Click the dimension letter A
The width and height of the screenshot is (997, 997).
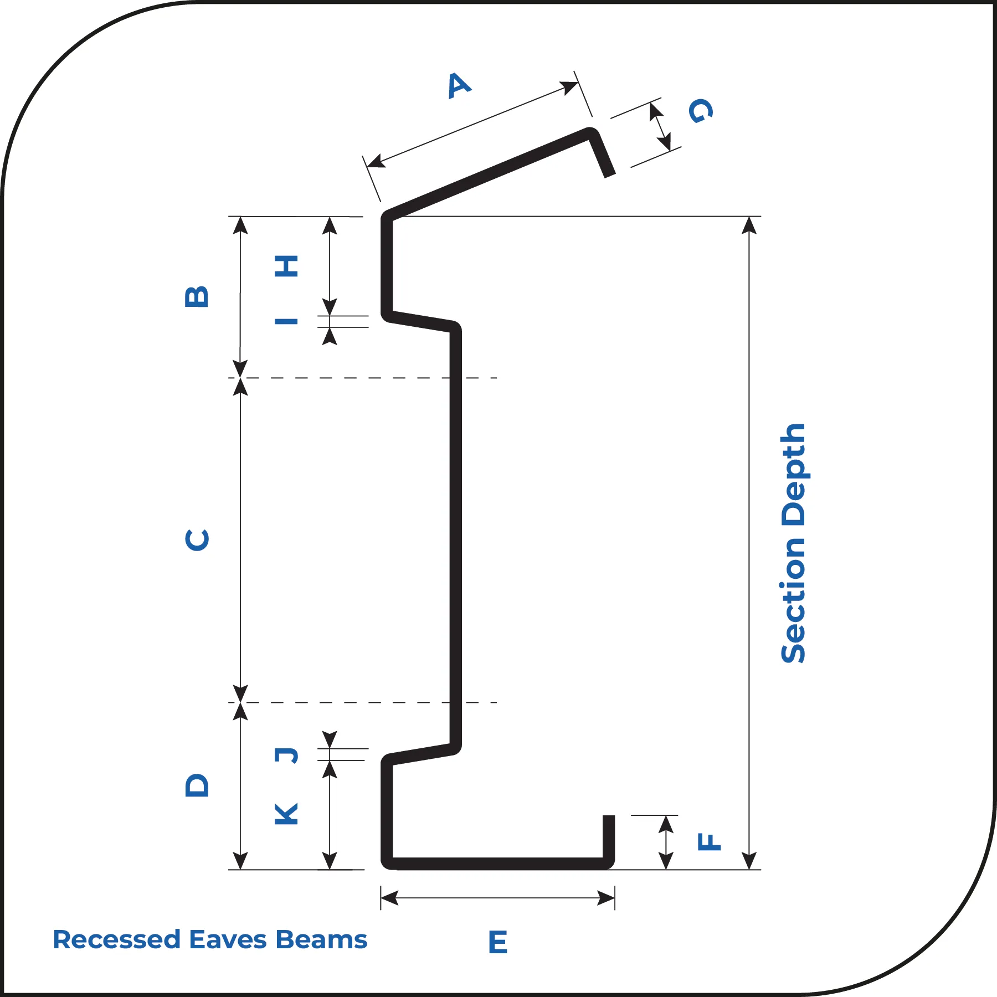460,85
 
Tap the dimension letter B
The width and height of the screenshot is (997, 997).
197,297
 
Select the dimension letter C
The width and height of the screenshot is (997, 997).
197,540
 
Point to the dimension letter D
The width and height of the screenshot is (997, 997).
197,785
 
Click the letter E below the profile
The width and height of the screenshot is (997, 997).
498,942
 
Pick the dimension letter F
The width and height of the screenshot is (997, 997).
709,841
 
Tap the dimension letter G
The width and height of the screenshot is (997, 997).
701,110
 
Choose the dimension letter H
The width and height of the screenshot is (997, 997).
287,266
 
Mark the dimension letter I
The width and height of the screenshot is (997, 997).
287,321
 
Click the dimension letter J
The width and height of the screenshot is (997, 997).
287,755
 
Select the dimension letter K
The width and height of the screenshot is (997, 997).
287,814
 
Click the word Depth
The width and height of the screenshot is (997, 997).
793,475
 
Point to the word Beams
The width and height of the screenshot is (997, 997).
322,940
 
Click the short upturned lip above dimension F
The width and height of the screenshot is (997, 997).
609,839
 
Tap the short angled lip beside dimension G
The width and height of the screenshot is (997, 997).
601,153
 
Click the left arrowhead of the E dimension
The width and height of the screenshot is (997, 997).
389,898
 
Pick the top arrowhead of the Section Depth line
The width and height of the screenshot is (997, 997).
749,225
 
